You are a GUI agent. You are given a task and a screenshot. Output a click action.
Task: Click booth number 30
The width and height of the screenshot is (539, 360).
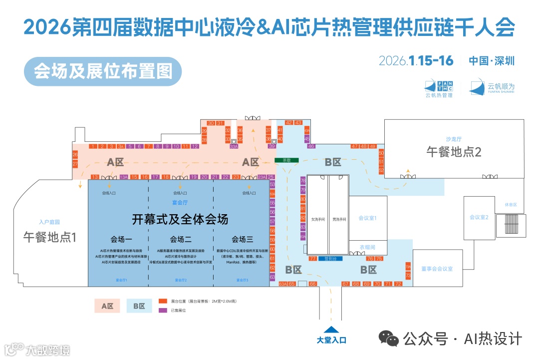click(211, 123)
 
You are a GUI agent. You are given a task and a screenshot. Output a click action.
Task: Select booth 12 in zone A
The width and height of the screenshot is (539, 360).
click(195, 146)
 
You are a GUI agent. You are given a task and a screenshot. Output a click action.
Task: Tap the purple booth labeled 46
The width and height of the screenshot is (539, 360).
click(311, 146)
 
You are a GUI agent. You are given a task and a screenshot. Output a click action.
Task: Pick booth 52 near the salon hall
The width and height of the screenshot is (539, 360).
click(381, 170)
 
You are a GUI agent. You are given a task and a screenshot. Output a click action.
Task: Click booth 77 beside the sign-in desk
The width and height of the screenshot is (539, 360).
click(313, 259)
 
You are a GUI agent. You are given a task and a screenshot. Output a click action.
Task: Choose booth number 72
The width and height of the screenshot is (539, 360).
click(398, 284)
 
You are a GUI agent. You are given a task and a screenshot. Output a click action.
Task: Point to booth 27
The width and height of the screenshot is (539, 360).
click(75, 164)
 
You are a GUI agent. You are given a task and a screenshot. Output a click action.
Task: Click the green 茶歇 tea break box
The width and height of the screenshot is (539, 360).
click(286, 160)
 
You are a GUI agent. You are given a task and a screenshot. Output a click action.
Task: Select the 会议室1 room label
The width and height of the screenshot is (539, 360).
click(367, 218)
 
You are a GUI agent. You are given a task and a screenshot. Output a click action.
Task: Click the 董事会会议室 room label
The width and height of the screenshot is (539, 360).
click(436, 269)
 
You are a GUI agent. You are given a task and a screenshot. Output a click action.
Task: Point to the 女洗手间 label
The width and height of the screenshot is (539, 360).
click(318, 219)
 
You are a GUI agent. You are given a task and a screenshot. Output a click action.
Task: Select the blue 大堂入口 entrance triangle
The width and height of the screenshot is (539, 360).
click(331, 330)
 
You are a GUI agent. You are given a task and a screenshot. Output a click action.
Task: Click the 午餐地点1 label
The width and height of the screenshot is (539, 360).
click(50, 237)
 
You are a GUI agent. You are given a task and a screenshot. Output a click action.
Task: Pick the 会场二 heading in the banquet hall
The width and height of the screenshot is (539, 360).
click(181, 238)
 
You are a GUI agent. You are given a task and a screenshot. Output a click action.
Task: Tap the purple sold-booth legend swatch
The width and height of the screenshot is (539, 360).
click(163, 311)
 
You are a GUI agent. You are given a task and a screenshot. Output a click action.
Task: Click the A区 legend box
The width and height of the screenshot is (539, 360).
click(107, 306)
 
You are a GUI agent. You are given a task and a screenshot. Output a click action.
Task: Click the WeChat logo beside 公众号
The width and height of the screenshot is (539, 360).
click(388, 339)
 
